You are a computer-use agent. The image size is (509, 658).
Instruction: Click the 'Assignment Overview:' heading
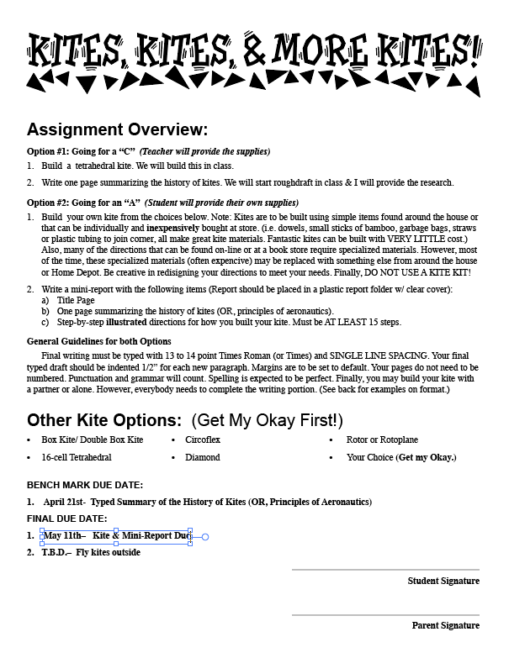pos(117,129)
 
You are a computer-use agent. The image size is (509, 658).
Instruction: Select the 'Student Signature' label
pos(443,581)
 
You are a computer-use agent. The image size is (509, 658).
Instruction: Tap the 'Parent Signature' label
pos(445,625)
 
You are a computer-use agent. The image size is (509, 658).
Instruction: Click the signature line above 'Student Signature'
pos(385,570)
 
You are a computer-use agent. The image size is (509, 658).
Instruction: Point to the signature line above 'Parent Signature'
pos(385,615)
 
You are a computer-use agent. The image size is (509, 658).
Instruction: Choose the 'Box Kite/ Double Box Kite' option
pos(92,440)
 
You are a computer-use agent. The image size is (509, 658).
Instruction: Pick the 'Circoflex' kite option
pos(204,440)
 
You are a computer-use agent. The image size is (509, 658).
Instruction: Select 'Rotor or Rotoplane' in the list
pos(382,440)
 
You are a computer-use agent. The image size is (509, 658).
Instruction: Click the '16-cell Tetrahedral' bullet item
pos(76,457)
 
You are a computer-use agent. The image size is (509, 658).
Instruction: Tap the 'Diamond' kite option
pos(203,457)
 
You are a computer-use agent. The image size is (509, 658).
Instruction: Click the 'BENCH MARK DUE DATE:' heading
pos(85,485)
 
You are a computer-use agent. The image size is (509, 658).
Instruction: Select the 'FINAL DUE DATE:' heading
pos(67,519)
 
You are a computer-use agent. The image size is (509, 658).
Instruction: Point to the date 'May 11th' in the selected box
pos(63,535)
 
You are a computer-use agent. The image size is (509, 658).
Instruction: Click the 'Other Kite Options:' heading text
pos(104,419)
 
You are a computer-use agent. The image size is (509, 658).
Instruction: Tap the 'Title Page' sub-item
pos(76,300)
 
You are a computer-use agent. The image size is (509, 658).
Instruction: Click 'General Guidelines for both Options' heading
pos(99,341)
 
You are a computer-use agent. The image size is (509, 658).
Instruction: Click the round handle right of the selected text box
pos(205,536)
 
